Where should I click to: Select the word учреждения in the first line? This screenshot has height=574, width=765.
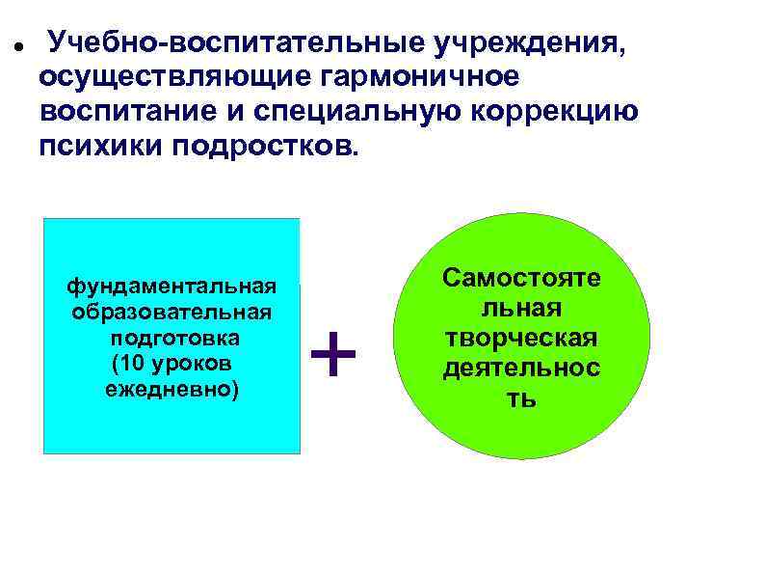tap(534, 43)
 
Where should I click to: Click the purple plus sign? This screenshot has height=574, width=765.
tap(334, 354)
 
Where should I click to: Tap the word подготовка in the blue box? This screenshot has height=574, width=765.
tap(175, 339)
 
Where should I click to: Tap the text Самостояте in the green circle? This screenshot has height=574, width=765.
tap(521, 278)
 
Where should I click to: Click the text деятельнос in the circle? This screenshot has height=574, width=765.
tap(521, 369)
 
